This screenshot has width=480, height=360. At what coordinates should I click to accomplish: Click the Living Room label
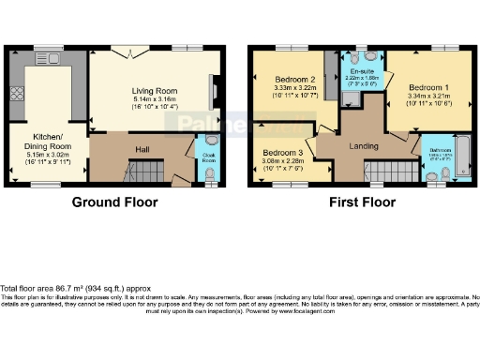point(147,90)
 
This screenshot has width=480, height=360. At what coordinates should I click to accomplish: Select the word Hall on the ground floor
point(142,148)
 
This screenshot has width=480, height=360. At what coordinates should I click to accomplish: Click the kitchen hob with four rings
point(16,94)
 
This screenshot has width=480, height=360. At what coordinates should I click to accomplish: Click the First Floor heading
point(361,201)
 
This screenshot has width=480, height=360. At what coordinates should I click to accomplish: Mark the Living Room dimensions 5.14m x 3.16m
point(147,98)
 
